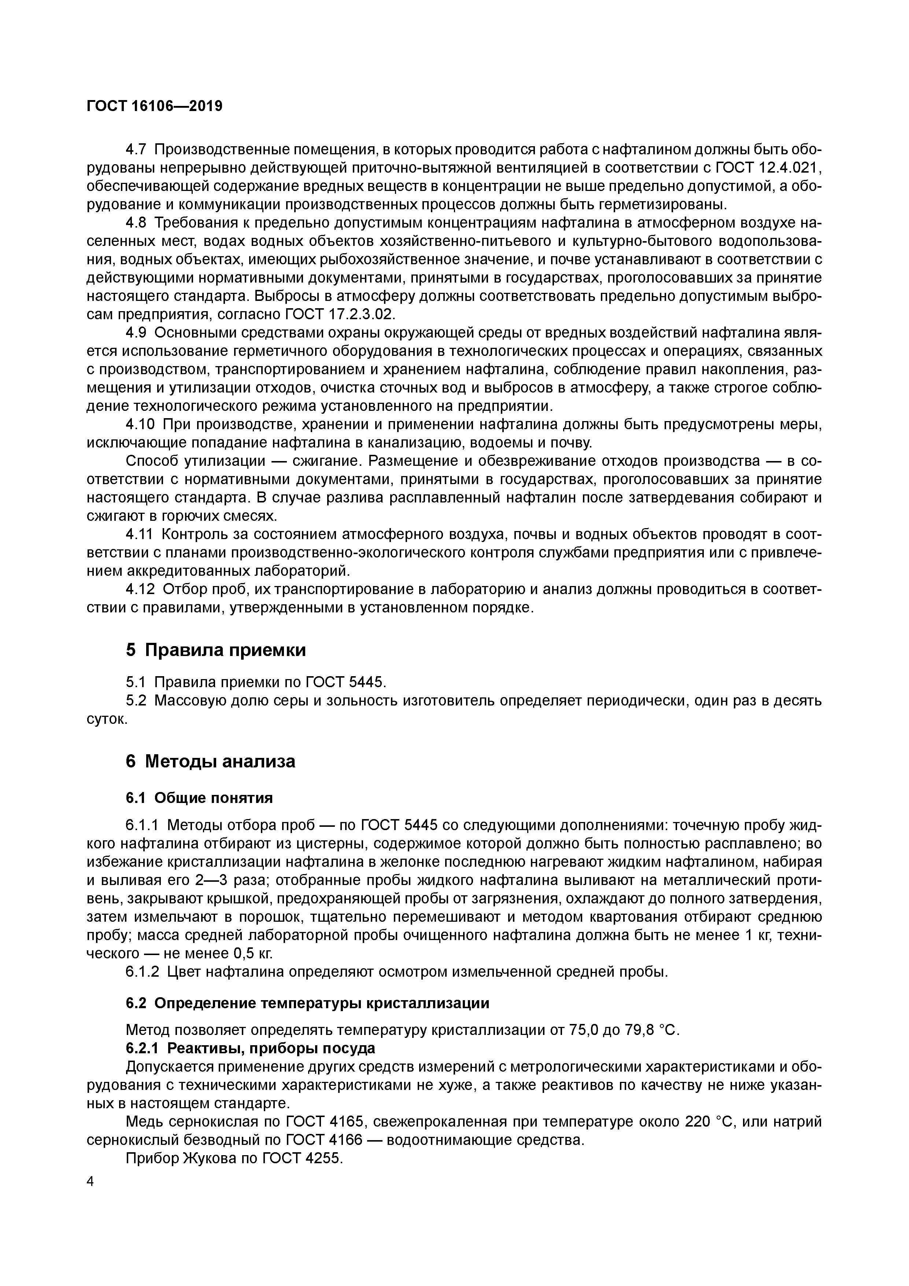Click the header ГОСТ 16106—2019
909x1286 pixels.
[x=155, y=106]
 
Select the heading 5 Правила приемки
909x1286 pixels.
[x=216, y=650]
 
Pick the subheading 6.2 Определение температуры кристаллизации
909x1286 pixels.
[x=307, y=1003]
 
